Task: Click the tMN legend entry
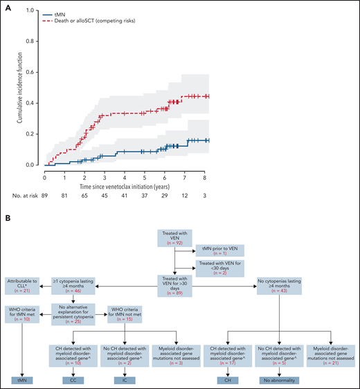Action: [61, 14]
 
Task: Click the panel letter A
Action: [7, 6]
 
